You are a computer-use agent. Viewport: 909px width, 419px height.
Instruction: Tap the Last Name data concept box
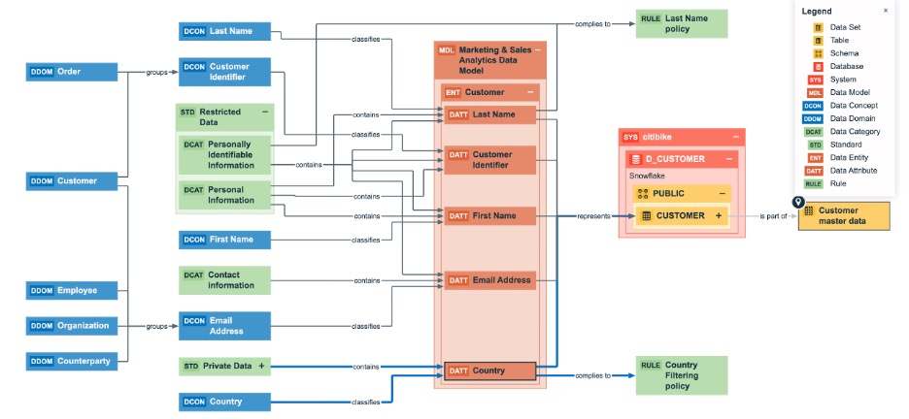click(x=224, y=31)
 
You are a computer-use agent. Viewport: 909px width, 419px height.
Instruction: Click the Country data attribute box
click(x=489, y=371)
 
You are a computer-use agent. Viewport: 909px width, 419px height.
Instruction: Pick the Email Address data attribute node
click(x=489, y=280)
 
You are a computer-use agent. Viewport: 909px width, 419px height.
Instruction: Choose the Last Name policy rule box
click(x=681, y=24)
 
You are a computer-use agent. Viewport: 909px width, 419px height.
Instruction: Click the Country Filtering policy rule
click(x=681, y=375)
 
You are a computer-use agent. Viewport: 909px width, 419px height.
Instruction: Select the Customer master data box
click(x=844, y=216)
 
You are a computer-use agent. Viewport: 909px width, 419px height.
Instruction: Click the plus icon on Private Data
click(x=261, y=366)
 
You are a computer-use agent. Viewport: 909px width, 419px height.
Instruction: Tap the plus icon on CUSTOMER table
click(x=719, y=215)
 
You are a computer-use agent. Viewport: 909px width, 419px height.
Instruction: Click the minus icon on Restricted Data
click(x=263, y=113)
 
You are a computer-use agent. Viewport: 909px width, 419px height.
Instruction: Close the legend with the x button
click(x=885, y=11)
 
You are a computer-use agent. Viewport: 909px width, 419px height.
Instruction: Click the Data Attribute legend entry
click(x=853, y=170)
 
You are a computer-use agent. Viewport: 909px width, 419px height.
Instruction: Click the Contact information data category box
click(x=224, y=280)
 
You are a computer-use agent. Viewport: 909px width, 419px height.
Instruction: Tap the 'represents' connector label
click(x=592, y=216)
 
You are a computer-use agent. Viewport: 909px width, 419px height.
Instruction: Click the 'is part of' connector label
click(x=773, y=216)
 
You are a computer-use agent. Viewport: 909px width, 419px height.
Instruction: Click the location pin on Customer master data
click(x=798, y=203)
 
